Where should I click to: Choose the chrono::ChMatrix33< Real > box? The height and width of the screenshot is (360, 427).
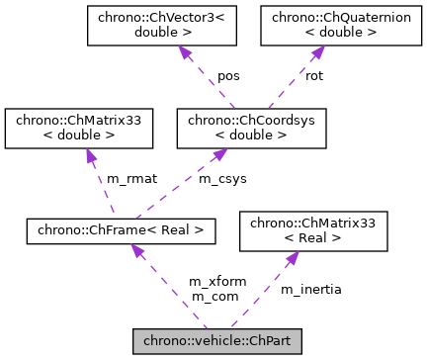[x=314, y=232]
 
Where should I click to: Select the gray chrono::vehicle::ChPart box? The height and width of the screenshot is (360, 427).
[x=216, y=342]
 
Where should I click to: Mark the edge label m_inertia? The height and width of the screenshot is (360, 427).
[x=310, y=289]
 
